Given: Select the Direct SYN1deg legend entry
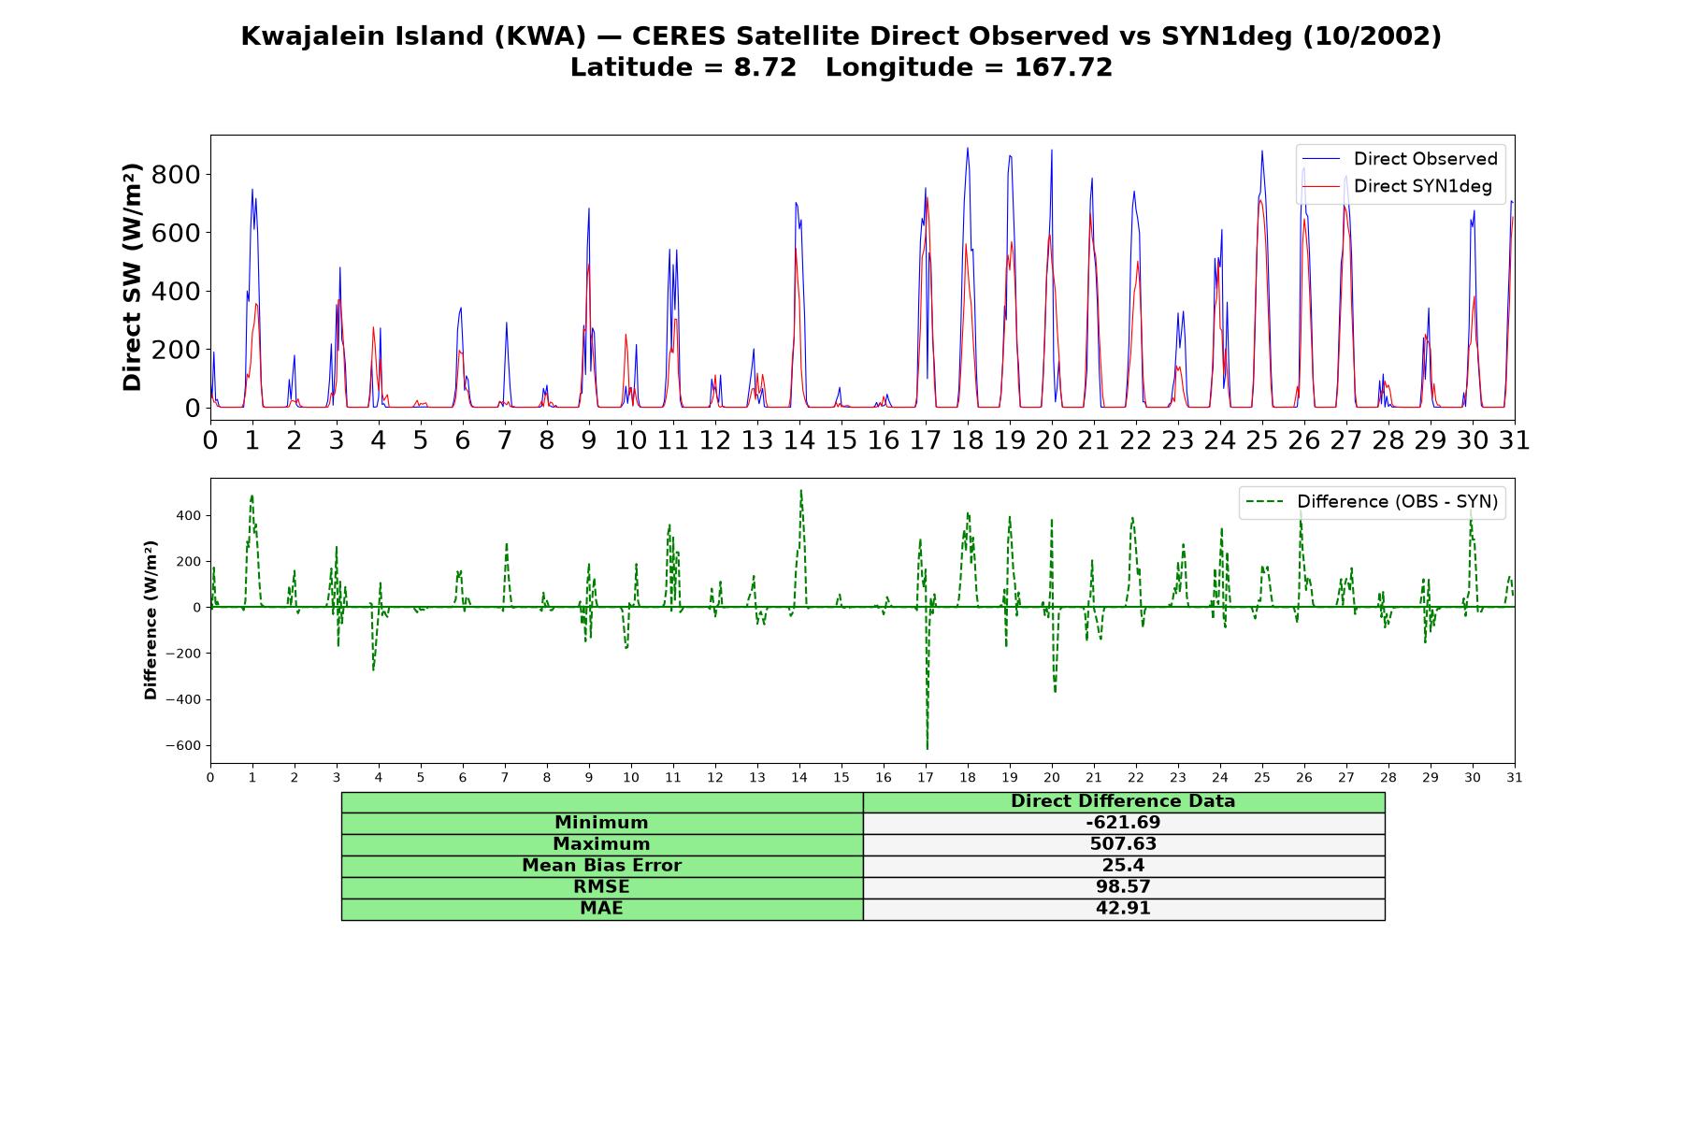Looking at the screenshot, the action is point(1397,186).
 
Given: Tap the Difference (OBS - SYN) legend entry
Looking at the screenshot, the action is point(1372,502).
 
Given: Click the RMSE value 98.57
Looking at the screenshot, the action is point(1123,887).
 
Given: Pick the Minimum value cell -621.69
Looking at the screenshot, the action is point(1123,823).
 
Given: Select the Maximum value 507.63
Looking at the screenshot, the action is point(1123,844).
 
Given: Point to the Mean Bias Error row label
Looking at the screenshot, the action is point(601,866).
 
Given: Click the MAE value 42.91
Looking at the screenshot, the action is point(1123,909).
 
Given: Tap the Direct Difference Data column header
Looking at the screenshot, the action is point(1123,801).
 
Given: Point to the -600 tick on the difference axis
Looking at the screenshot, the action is point(183,746).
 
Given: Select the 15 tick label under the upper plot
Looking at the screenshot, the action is point(841,439).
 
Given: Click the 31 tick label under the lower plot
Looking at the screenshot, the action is point(1515,778).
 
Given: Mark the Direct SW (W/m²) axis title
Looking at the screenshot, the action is point(132,278).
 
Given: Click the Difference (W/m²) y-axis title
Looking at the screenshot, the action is point(151,620).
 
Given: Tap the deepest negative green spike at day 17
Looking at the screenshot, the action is point(927,748).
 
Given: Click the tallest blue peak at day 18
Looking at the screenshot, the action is point(968,149).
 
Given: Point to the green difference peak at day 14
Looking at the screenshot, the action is point(800,491).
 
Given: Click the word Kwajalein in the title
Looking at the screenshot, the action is point(301,36).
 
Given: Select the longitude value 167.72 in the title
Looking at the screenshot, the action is point(1063,67).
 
